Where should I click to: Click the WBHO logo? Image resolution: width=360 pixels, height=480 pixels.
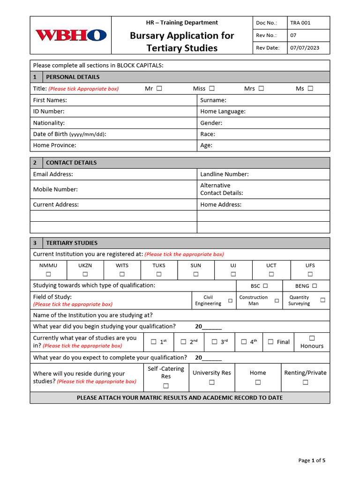click(71, 35)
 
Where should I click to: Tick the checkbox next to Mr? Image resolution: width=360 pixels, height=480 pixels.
click(159, 88)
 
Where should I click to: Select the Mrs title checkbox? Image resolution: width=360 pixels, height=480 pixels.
click(261, 88)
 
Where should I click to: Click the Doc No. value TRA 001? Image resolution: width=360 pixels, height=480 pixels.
click(300, 22)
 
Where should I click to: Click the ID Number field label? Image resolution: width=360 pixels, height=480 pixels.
click(49, 112)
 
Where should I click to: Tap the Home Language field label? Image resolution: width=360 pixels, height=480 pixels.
click(223, 112)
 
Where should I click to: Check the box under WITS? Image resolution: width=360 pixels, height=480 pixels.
click(122, 274)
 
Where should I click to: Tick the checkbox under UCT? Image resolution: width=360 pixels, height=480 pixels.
click(271, 274)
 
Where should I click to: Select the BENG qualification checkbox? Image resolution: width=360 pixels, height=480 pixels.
click(315, 285)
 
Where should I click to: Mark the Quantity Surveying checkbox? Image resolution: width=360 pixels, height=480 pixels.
click(322, 300)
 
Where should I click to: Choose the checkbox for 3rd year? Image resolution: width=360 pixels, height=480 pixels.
click(214, 342)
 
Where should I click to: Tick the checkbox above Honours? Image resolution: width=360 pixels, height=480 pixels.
click(312, 338)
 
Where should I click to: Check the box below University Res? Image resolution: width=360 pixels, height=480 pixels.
click(211, 382)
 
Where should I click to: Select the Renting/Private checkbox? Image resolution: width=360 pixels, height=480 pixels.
click(305, 382)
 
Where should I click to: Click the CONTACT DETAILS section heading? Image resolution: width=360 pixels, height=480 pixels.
click(71, 163)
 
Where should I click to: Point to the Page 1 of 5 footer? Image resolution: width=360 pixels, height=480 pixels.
click(312, 460)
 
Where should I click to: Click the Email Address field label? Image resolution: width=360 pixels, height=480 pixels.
click(53, 174)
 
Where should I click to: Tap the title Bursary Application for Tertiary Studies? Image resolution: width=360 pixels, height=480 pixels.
click(182, 42)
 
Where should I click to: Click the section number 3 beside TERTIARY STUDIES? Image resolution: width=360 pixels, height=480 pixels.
click(35, 243)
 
